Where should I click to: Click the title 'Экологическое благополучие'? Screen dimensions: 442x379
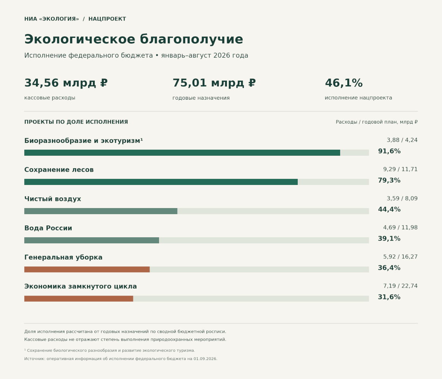[x=134, y=39]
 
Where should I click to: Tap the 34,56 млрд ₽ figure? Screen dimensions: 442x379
[x=66, y=83]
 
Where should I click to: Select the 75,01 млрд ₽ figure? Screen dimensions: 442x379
[x=214, y=83]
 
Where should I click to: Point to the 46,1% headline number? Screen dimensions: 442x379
[x=344, y=83]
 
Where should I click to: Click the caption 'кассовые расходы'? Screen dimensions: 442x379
[x=50, y=98]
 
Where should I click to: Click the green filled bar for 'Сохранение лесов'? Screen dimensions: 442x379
[x=161, y=182]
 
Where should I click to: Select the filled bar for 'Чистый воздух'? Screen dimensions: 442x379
[x=101, y=211]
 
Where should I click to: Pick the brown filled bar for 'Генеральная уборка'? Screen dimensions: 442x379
[x=87, y=269]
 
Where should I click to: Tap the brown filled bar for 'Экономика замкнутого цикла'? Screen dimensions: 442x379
[x=79, y=299]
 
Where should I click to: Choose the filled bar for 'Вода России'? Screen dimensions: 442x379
[x=92, y=240]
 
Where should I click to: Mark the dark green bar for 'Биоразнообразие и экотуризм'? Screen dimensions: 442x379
[x=182, y=153]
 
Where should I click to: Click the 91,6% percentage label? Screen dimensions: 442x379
[x=389, y=151]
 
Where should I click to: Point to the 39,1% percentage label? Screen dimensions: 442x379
[x=389, y=238]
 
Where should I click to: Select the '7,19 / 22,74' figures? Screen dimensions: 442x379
[x=400, y=286]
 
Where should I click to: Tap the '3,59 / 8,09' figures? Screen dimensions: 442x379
[x=402, y=199]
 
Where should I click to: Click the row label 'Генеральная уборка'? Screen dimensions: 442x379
[x=63, y=257]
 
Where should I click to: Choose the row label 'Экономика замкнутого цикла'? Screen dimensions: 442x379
[x=81, y=287]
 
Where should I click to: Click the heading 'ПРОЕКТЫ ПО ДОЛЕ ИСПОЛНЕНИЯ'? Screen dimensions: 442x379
[x=76, y=122]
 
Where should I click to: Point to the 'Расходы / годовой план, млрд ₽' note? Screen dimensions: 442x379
[x=376, y=122]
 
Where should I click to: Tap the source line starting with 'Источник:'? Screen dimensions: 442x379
[x=121, y=359]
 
